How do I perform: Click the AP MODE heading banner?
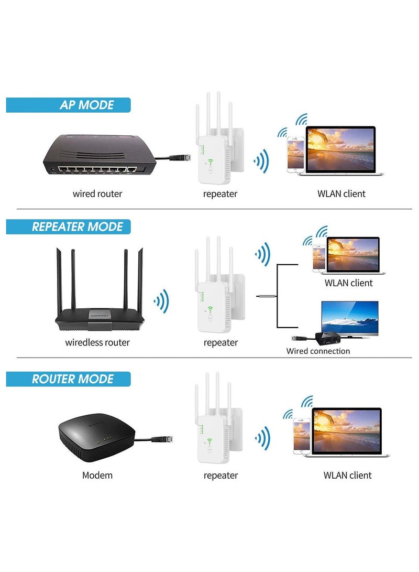point(68,104)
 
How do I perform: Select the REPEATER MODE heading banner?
point(68,226)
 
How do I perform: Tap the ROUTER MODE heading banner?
point(68,379)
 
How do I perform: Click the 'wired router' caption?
point(97,194)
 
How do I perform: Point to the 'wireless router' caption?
point(97,343)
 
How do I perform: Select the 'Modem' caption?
point(97,476)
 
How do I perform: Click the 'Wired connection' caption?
point(318,351)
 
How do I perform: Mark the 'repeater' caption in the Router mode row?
point(220,476)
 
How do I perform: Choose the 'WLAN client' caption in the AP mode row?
point(341,194)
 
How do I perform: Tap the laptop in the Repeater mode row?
point(352,255)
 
